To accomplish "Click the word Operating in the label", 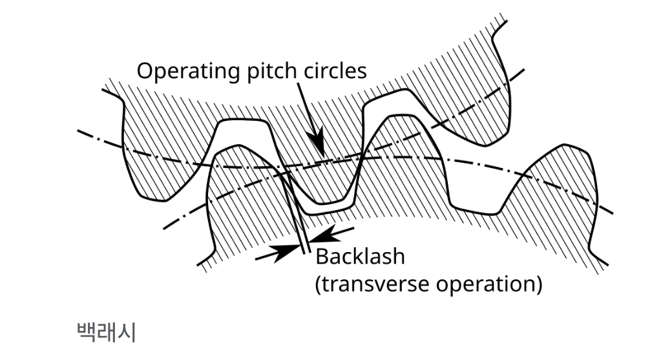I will point(185,70).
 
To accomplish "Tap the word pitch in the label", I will point(268,71).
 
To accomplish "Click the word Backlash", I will point(360,257).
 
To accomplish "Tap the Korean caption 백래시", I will point(106,332).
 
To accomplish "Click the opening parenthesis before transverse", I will point(318,284).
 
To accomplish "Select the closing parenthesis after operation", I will point(538,284).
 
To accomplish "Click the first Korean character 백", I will point(87,332).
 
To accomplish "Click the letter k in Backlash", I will point(358,257).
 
